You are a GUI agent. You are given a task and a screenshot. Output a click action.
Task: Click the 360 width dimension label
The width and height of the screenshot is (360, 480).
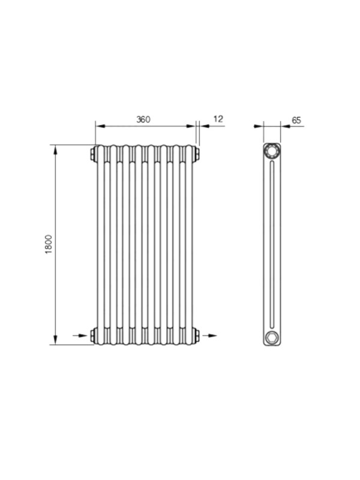coord(143,119)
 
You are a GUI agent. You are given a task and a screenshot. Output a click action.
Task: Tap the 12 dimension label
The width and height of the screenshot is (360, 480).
coord(218,119)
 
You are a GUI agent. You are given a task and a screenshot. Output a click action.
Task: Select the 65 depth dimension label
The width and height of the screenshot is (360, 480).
coord(296,120)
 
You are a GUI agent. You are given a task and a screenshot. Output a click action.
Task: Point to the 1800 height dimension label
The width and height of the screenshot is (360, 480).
coord(49,244)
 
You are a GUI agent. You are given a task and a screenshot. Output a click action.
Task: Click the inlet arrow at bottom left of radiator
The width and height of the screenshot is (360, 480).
coord(80,335)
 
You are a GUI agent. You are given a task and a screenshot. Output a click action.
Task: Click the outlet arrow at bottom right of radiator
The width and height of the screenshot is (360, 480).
coord(209,335)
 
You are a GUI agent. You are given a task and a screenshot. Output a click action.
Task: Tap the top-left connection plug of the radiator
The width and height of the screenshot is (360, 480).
coord(93,154)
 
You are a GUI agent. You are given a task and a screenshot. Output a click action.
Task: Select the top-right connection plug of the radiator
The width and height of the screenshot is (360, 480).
coord(197,154)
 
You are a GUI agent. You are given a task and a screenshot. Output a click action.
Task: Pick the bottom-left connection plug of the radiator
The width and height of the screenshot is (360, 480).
coord(93,335)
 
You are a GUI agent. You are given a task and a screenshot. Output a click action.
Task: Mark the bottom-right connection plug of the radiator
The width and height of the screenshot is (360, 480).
coord(197,335)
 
